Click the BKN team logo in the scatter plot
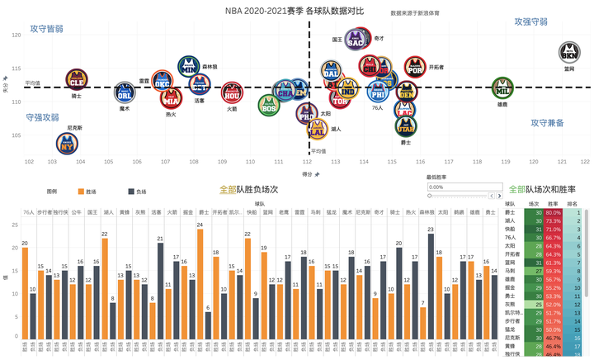point(569,52)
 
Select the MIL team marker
point(502,87)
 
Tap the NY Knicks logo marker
point(73,143)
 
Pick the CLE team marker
point(77,80)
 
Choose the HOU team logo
point(232,91)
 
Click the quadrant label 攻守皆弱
point(46,28)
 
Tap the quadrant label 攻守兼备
point(547,122)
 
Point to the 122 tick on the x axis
point(585,162)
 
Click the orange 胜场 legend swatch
point(80,191)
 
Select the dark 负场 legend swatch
point(131,191)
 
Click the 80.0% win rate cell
point(554,213)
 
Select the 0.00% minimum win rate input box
point(462,187)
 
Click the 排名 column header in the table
point(573,202)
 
